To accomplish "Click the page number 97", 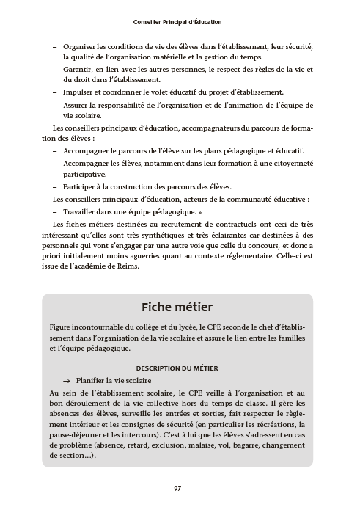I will point(178,488).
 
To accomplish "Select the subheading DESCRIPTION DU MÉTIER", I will point(178,368).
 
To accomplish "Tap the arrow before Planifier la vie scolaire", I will point(67,381).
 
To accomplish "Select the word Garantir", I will point(78,69).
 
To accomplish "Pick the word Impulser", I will point(78,92).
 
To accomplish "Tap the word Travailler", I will point(81,211).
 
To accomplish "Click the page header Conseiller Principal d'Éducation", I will point(179,23).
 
